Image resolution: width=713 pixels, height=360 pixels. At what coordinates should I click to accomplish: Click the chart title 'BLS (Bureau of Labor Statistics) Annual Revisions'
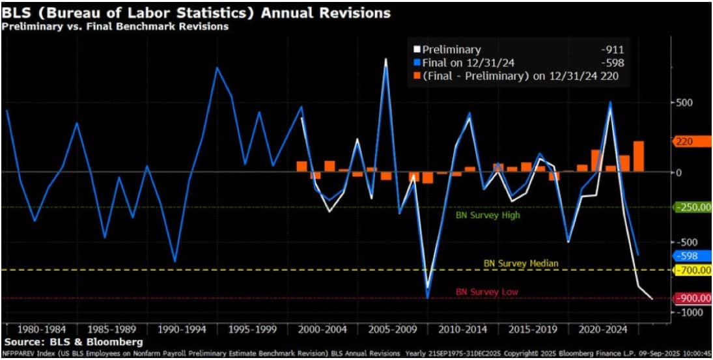[196, 13]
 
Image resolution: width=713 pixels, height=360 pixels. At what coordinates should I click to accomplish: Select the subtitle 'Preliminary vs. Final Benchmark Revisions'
[115, 27]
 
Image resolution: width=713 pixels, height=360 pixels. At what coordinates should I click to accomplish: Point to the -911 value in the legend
[615, 49]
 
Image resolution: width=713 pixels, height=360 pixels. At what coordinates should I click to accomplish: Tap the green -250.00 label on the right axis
[693, 207]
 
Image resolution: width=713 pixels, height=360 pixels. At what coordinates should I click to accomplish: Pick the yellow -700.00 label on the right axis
[693, 270]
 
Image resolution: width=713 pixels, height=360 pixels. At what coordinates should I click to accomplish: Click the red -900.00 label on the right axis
[693, 299]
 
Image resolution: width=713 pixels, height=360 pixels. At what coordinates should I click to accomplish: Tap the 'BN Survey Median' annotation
[521, 263]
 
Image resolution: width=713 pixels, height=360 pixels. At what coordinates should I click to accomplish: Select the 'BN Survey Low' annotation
[486, 292]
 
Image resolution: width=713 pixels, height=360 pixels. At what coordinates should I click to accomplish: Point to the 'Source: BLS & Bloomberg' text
[74, 341]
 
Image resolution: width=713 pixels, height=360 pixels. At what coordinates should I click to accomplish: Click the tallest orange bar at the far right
[638, 156]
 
